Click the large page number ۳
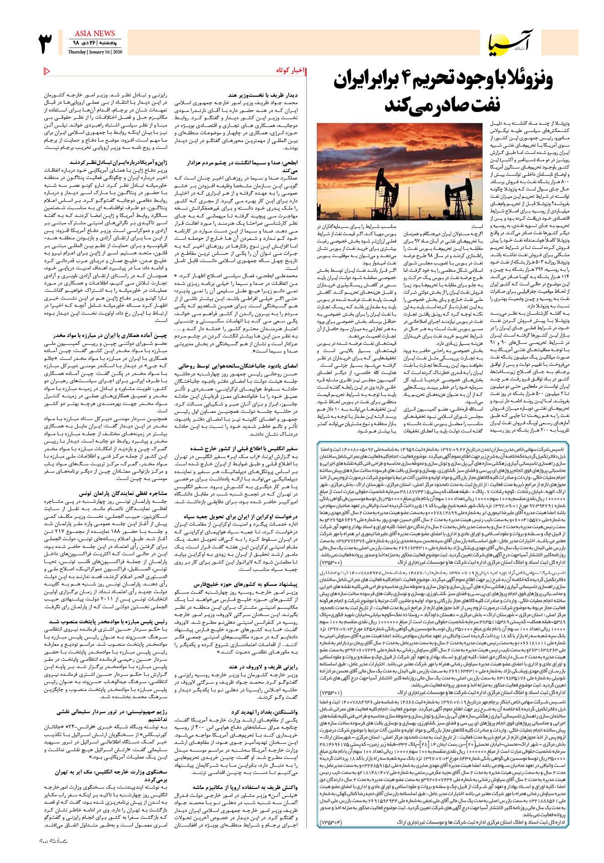pos(47,42)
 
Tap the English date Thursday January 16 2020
pos(94,52)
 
